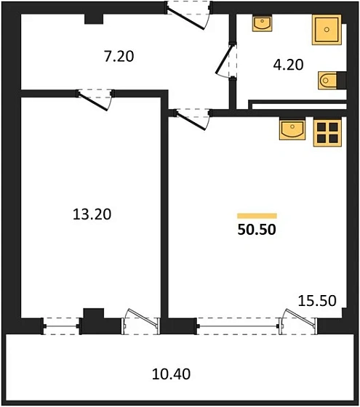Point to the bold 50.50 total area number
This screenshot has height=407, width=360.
257,231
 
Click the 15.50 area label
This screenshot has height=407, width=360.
319,299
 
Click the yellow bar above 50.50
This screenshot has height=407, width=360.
257,216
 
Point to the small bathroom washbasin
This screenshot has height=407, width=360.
262,24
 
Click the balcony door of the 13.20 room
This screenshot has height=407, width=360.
139,321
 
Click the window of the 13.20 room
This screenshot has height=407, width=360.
62,325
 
